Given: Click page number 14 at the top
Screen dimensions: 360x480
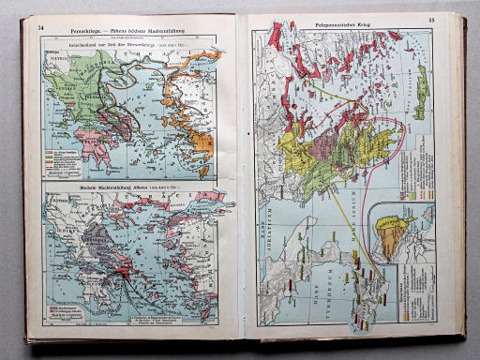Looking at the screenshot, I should (40, 25).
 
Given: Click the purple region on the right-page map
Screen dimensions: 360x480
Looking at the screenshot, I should (334, 144).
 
